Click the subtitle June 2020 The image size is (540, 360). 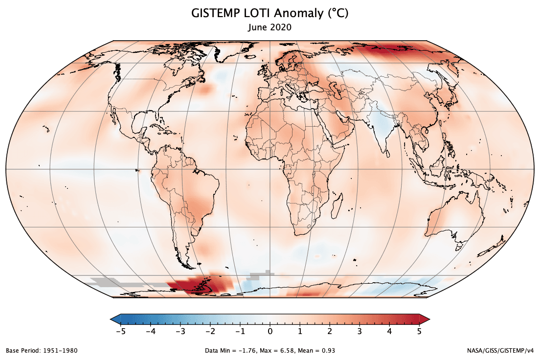(x=270, y=27)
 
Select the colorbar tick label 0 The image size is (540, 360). (x=270, y=331)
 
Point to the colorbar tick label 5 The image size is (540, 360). (x=419, y=331)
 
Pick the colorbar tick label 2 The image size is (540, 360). (x=330, y=331)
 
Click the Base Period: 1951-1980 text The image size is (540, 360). (x=42, y=351)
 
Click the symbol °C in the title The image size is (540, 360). (x=337, y=14)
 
